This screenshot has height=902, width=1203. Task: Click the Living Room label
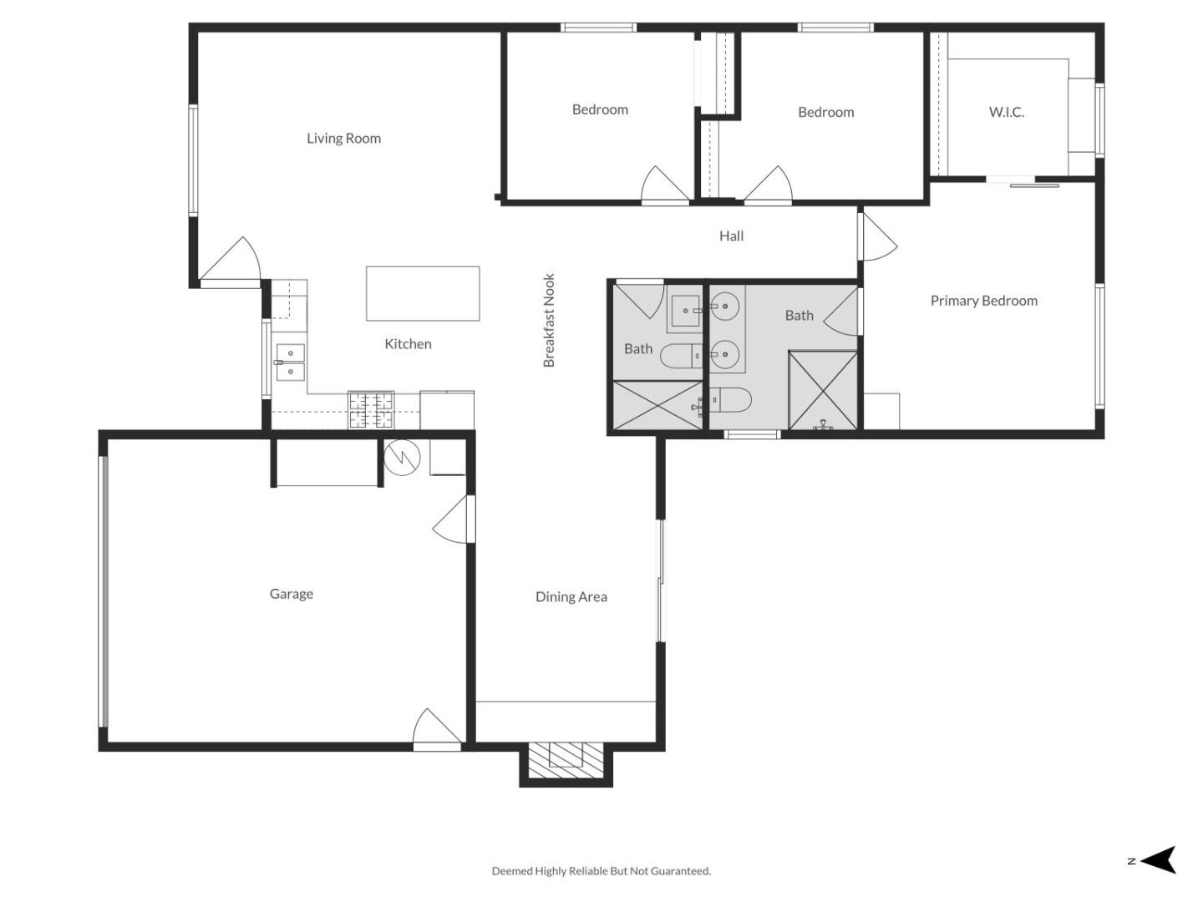(x=343, y=139)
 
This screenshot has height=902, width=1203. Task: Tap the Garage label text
(x=291, y=594)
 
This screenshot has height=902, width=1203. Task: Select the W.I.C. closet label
(x=1006, y=112)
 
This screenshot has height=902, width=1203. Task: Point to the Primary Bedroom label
(x=983, y=301)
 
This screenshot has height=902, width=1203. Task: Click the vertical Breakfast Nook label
(x=549, y=320)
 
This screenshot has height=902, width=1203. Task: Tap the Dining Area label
(x=571, y=596)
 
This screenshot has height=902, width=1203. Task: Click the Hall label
(x=731, y=236)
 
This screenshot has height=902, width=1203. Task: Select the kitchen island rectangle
(x=423, y=293)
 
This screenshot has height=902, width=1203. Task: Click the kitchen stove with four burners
(x=371, y=410)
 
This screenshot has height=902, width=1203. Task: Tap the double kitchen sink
(x=290, y=362)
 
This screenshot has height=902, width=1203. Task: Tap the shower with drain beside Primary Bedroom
(x=823, y=391)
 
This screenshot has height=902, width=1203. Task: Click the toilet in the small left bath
(x=682, y=357)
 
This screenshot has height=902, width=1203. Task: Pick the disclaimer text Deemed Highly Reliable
(x=601, y=871)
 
